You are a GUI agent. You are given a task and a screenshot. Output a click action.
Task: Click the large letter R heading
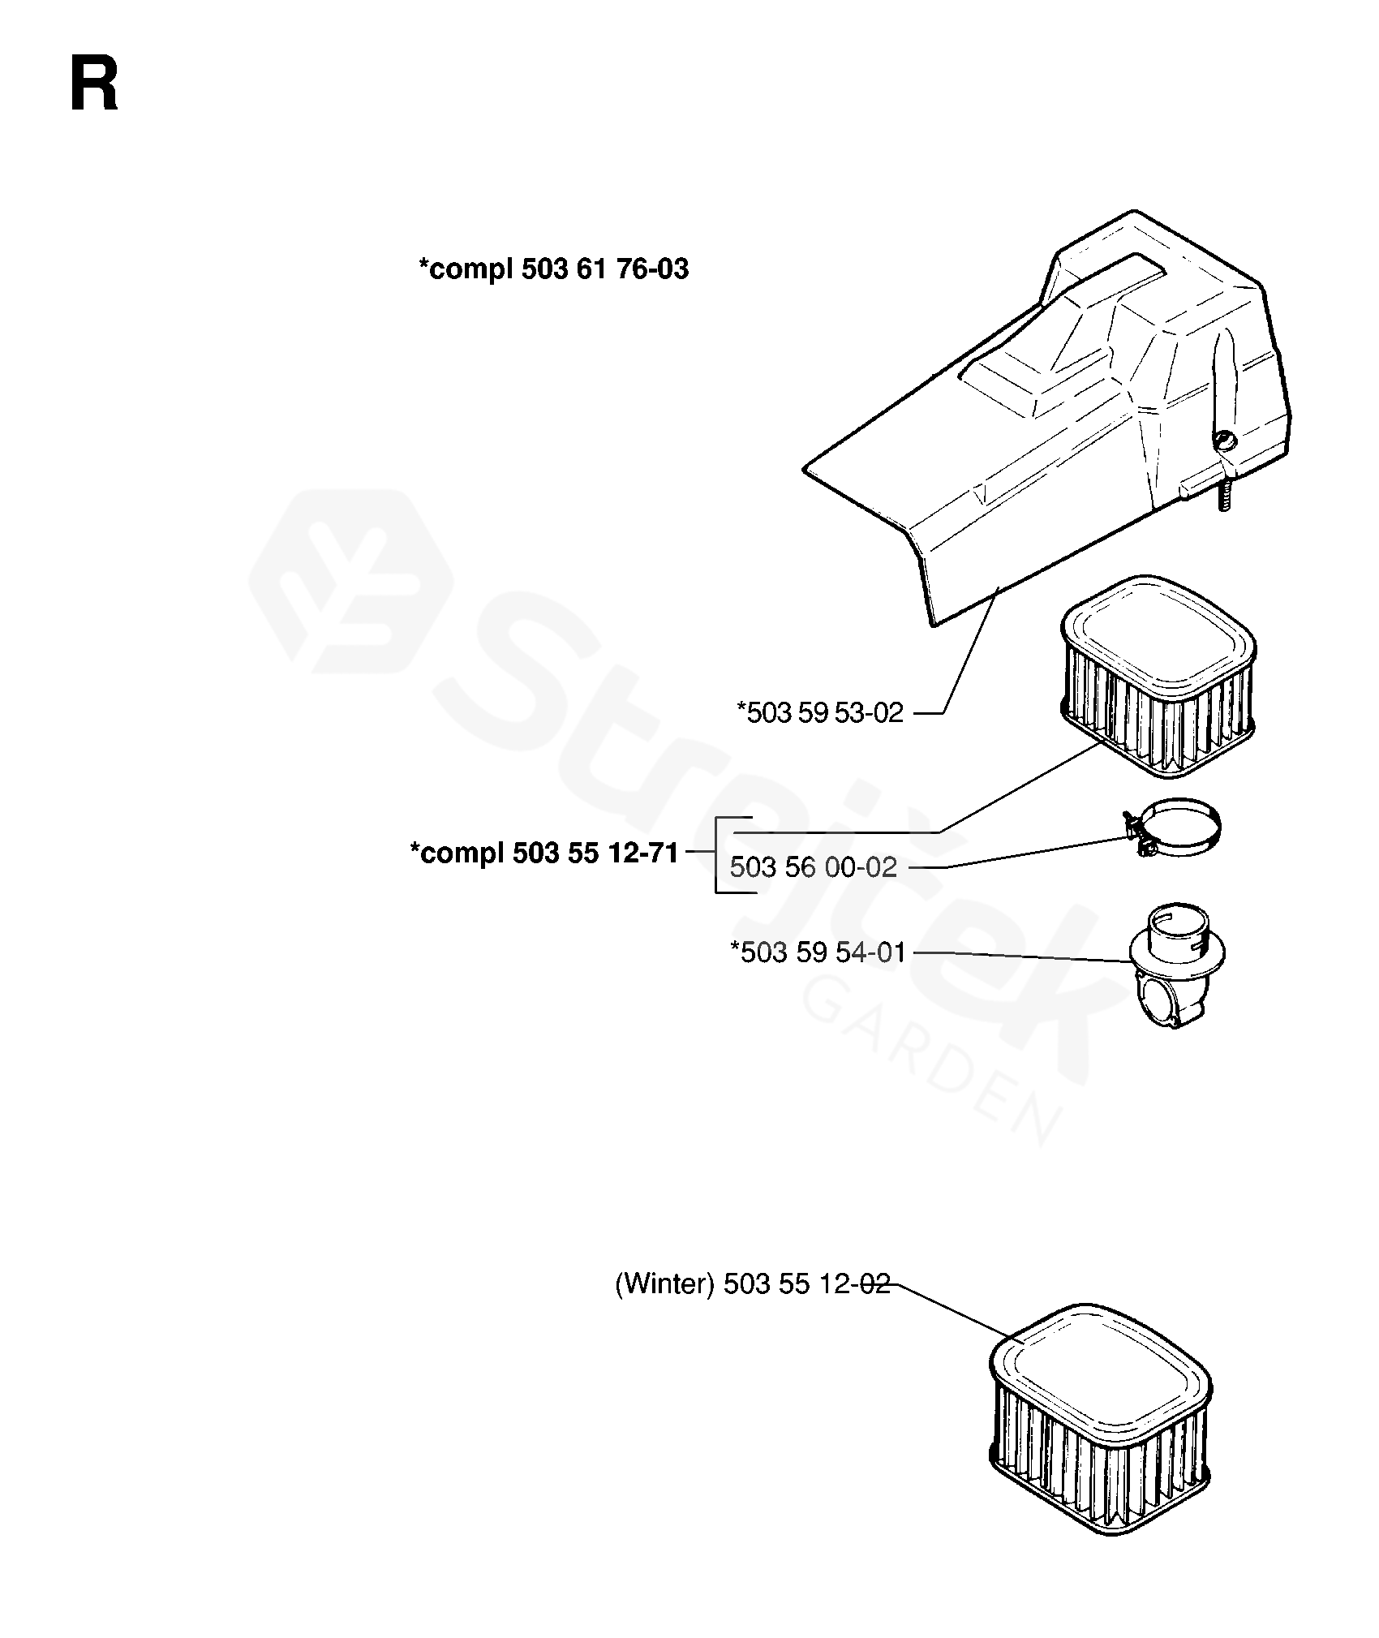pos(94,84)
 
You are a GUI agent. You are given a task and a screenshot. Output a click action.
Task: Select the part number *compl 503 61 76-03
pos(553,269)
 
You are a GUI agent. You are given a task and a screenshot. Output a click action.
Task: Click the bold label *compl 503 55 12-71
pos(544,853)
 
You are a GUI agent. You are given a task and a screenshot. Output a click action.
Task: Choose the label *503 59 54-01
pos(818,952)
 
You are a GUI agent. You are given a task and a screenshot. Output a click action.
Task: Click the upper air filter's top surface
pos(1158,629)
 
